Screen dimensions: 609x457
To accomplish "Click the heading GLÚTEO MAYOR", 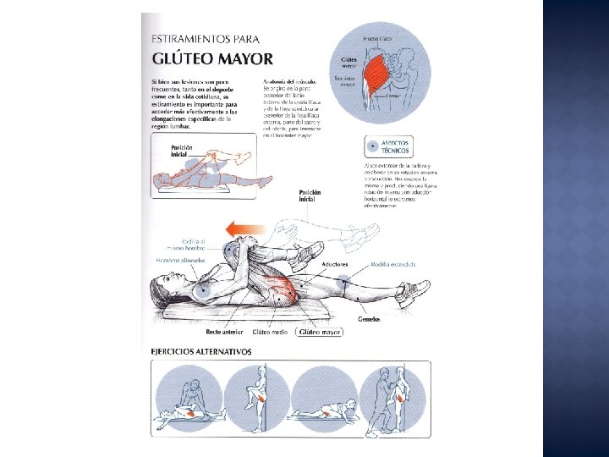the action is tap(211, 58).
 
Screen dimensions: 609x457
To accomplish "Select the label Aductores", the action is tap(334, 265).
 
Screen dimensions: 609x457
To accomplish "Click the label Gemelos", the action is tap(368, 319).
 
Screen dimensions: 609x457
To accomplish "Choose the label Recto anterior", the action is tap(224, 333).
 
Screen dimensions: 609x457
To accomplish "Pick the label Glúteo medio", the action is tap(271, 333).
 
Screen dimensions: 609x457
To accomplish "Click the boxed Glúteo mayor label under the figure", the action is tap(319, 333).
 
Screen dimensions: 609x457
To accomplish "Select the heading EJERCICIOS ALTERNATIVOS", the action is tap(201, 350).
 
